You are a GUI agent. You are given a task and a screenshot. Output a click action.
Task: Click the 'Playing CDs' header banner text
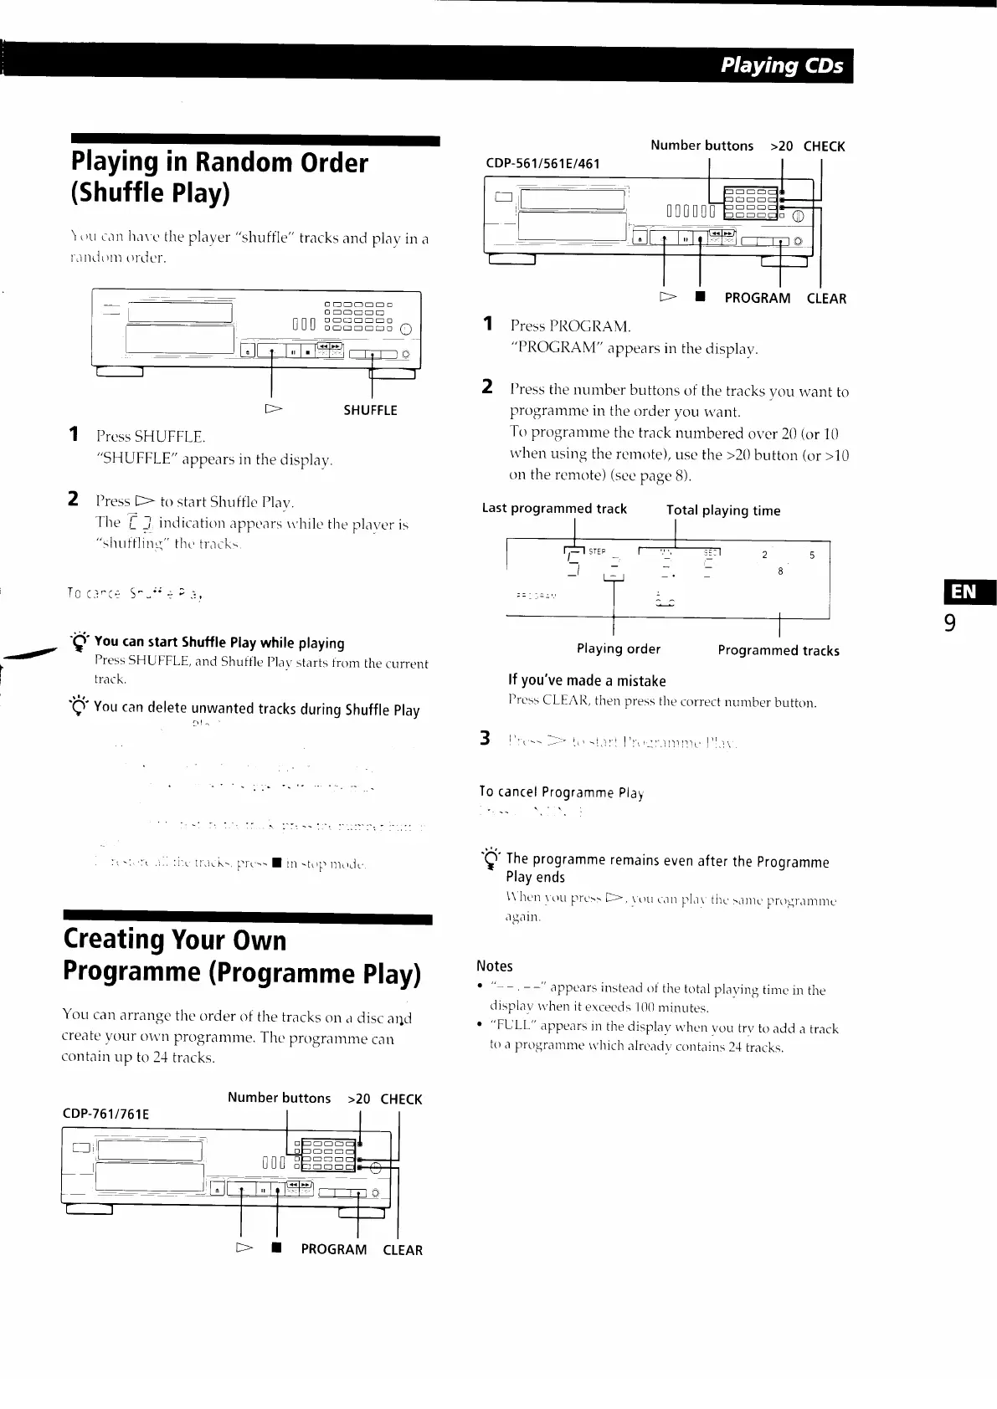[x=782, y=65]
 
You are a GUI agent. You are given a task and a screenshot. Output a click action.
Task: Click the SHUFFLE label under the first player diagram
[x=370, y=410]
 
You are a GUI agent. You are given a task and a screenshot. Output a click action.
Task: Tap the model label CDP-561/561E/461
[x=542, y=163]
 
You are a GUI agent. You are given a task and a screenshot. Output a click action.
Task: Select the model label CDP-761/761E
[x=105, y=1114]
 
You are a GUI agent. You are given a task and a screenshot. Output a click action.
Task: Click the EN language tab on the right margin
[x=964, y=592]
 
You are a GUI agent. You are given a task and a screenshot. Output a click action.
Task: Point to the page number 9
[x=949, y=624]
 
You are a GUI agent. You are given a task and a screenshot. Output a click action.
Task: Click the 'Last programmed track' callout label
[x=554, y=509]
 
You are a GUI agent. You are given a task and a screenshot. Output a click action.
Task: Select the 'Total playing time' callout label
[x=723, y=510]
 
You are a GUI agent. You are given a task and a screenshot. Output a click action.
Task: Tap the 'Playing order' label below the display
[x=618, y=648]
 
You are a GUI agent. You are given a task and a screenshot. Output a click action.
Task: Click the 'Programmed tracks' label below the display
[x=779, y=650]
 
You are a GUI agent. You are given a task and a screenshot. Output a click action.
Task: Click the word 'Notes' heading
[x=495, y=966]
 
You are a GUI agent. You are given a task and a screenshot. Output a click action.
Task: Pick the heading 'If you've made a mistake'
[x=587, y=681]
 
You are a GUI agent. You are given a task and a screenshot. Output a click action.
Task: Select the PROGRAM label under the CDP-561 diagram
[x=757, y=298]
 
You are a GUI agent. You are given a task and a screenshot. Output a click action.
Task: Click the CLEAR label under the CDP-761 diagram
[x=403, y=1250]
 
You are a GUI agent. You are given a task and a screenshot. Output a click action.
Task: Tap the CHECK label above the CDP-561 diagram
[x=824, y=146]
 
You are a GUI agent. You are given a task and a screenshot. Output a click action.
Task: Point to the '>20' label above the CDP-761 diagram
[x=359, y=1099]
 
